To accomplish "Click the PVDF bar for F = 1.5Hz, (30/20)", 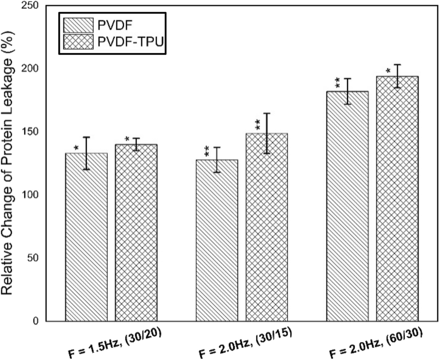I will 86,236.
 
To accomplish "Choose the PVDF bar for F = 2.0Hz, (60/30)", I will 348,206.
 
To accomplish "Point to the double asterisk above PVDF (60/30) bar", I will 337,83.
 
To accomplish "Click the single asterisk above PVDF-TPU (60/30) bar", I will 388,71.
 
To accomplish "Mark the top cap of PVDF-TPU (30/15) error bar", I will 267,113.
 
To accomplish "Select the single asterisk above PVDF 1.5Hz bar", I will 76,148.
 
